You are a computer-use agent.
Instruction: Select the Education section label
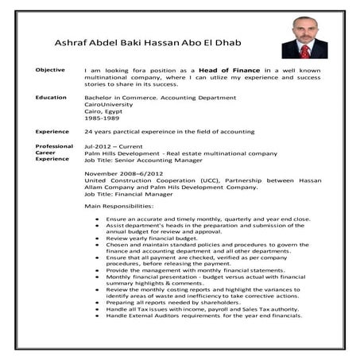coord(50,97)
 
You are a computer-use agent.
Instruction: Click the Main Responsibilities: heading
coord(119,206)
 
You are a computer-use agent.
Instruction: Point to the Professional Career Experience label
coord(53,153)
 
